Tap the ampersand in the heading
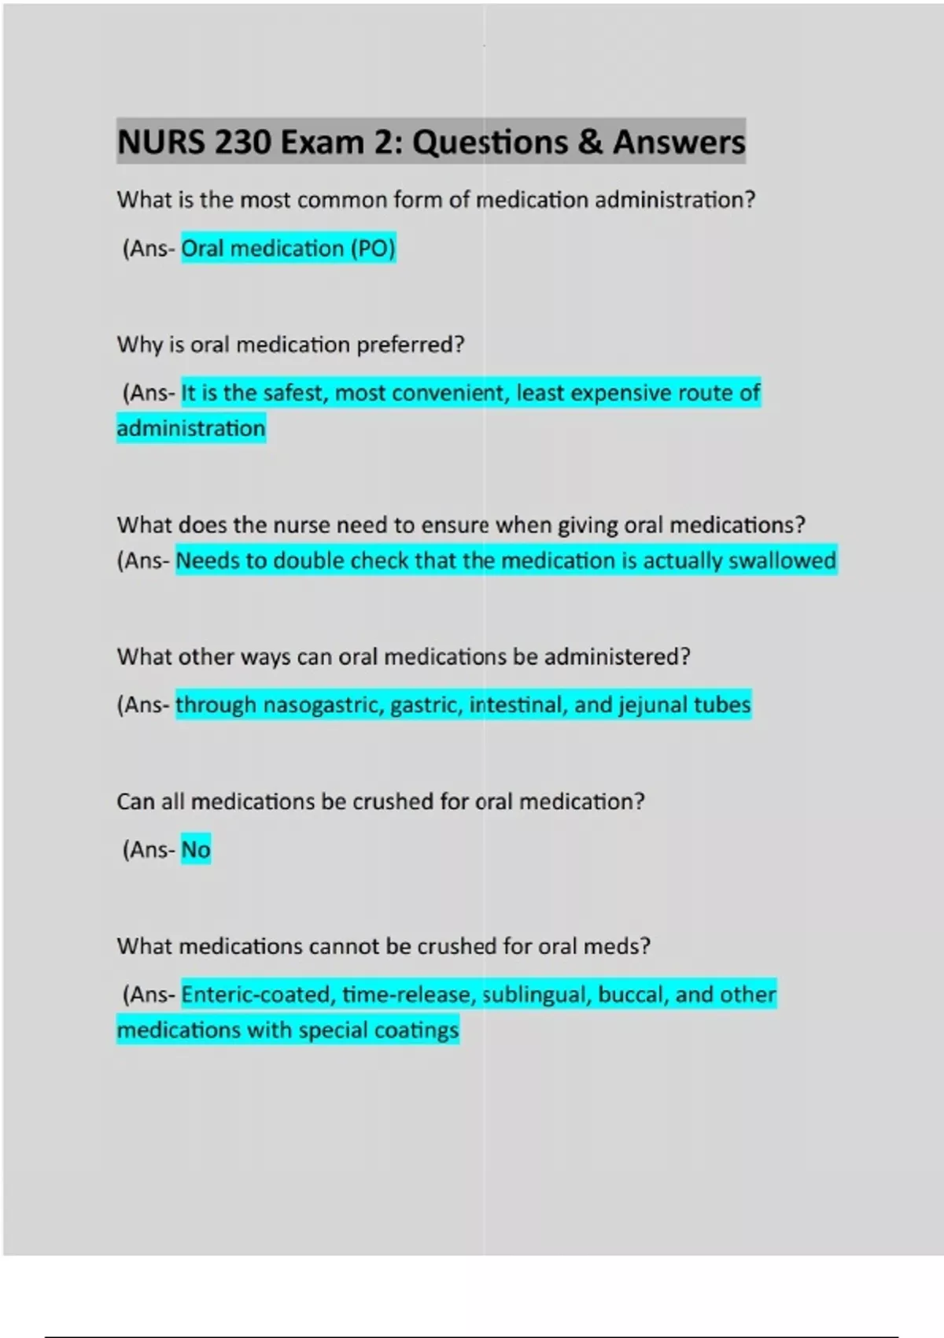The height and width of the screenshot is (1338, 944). coord(590,142)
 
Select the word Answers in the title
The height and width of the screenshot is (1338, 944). coord(679,142)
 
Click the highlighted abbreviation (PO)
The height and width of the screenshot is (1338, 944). coord(373,249)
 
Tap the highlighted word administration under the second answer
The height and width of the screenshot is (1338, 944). coord(191,428)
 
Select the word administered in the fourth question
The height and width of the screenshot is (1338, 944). coord(617,656)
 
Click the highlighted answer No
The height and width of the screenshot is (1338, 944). coord(196,850)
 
